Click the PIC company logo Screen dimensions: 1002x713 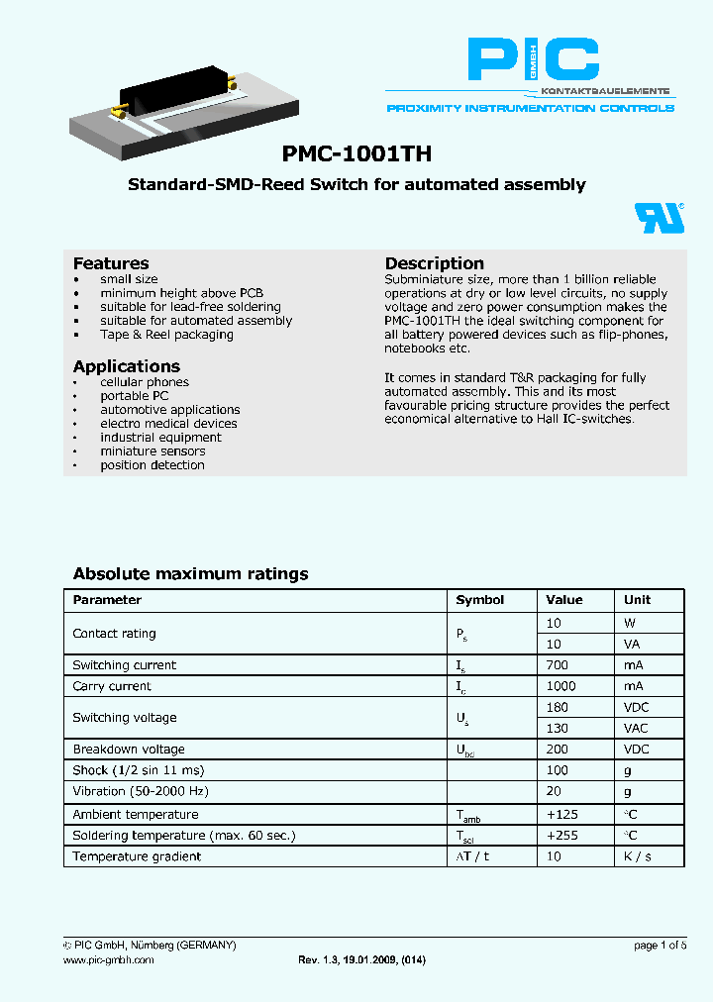coord(533,60)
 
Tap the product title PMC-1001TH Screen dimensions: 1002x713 coord(356,154)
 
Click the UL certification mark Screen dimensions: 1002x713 coord(659,218)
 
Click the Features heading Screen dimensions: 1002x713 coord(111,263)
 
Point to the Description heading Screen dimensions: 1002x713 coord(434,263)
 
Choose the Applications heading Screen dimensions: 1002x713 coord(127,366)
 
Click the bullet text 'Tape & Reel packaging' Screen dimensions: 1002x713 coord(166,335)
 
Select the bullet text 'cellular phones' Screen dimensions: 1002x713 coord(145,382)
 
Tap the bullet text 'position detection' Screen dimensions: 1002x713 coord(153,465)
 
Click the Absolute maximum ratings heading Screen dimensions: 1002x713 coord(190,574)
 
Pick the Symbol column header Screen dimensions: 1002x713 coord(479,600)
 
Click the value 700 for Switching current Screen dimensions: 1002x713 coord(557,665)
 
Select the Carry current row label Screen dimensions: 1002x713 coord(112,686)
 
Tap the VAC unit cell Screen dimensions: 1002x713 coord(637,728)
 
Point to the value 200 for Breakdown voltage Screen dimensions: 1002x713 coord(557,750)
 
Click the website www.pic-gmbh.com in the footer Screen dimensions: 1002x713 coord(109,960)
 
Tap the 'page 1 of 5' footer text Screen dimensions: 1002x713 coord(661,946)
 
